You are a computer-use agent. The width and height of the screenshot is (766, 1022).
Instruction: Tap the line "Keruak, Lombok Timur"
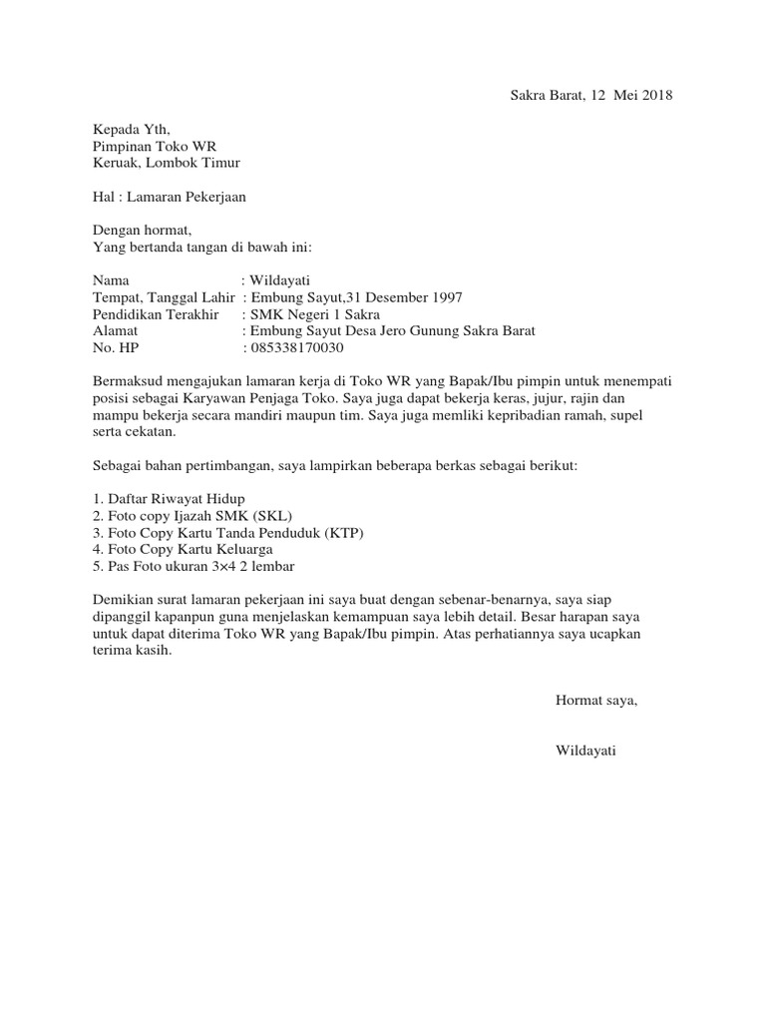166,163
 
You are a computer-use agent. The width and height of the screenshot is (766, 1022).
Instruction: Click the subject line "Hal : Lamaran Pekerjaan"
169,197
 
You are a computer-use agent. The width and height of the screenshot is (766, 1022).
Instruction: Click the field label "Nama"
111,281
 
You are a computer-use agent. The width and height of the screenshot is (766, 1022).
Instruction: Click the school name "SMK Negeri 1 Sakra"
309,314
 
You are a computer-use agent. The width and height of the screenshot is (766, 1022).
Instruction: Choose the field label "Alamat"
115,331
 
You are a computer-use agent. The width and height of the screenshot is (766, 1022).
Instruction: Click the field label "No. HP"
116,348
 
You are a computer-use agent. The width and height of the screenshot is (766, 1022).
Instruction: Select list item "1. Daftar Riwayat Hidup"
168,499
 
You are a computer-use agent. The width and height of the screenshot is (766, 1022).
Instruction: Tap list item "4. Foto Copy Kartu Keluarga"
182,550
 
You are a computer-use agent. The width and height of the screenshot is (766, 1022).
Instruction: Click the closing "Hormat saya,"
595,701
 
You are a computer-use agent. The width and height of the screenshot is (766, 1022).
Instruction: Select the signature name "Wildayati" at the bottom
585,752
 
